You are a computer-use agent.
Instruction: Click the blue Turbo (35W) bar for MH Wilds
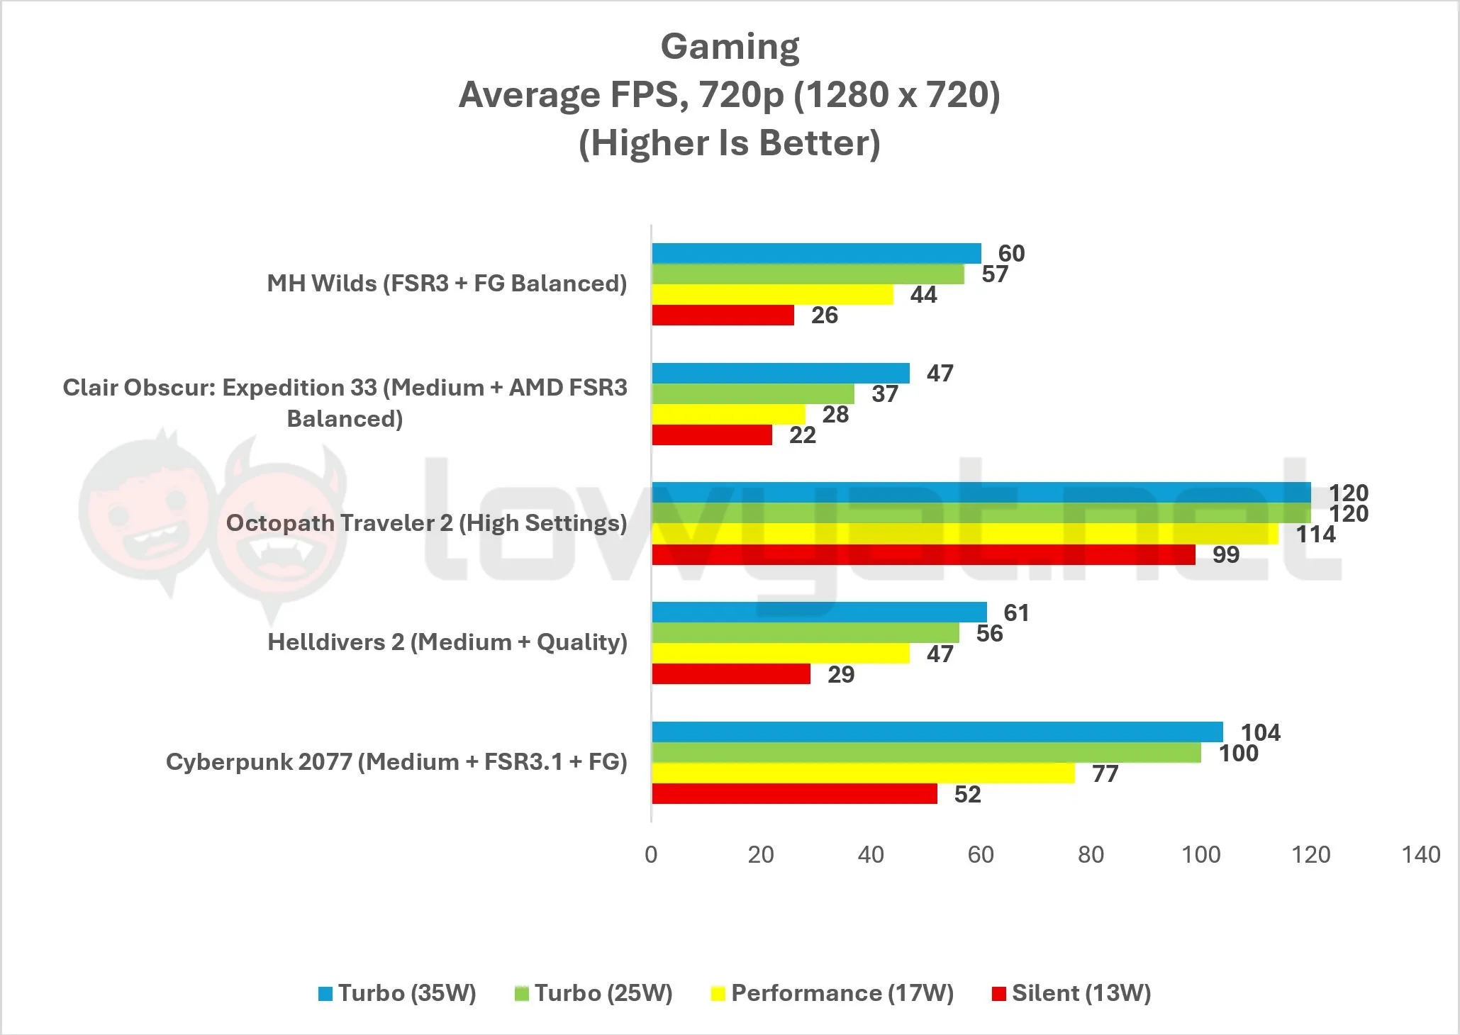(816, 253)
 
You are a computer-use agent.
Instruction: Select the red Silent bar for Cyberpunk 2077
(794, 794)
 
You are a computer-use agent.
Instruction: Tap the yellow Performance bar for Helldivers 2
(781, 654)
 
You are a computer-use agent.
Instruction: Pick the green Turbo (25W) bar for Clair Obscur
(753, 393)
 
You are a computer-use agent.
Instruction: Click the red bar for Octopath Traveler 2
(923, 554)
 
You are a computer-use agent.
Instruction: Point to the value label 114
(1316, 534)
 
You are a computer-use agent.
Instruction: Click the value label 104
(1261, 732)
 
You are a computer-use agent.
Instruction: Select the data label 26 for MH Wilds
(825, 315)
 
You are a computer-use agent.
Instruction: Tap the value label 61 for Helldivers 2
(1016, 612)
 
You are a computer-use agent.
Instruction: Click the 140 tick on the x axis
(1421, 854)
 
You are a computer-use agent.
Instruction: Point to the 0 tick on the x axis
(651, 854)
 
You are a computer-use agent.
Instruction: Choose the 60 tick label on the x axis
(981, 854)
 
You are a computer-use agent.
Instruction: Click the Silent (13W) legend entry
(1071, 993)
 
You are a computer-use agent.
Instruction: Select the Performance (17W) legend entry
(832, 993)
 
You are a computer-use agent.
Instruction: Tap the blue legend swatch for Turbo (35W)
(325, 994)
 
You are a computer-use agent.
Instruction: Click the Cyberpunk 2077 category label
(396, 762)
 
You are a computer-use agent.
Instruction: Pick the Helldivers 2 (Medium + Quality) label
(447, 642)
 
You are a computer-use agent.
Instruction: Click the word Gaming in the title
(730, 47)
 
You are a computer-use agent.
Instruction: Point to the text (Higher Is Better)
(730, 142)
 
